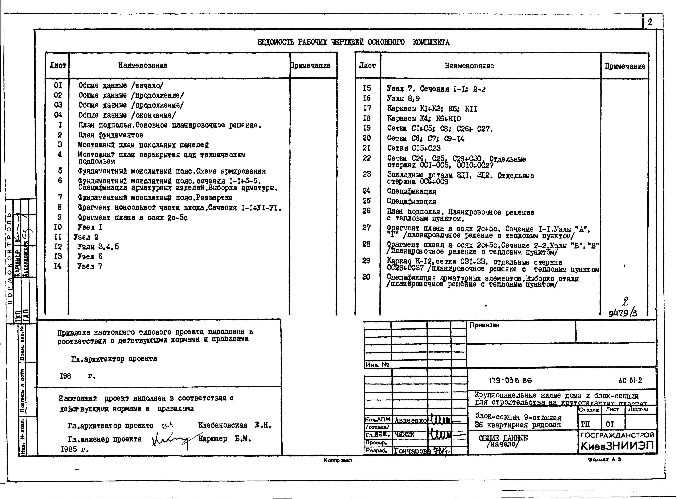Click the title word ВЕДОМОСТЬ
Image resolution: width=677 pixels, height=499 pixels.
(276, 42)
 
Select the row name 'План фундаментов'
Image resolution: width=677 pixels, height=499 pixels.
(111, 135)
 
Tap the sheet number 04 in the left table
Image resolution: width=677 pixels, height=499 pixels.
(58, 115)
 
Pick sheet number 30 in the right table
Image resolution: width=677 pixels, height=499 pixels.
(366, 277)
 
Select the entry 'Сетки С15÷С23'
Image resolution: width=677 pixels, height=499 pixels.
(414, 148)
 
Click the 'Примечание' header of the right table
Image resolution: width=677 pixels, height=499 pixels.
(625, 66)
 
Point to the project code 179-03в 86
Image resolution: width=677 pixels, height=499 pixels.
(510, 380)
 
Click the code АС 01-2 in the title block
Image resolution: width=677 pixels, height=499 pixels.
(630, 380)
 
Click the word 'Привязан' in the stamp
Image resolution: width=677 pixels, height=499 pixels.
(484, 325)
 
